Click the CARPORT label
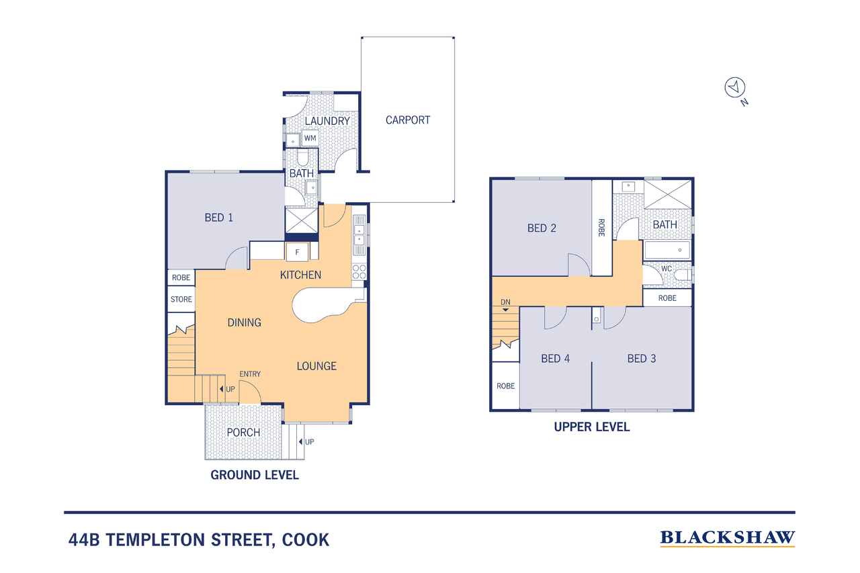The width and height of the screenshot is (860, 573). pos(407,120)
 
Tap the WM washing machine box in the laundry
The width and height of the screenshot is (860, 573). pos(310,138)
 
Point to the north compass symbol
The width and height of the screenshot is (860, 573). pos(734,87)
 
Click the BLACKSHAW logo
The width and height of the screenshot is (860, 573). pos(727,537)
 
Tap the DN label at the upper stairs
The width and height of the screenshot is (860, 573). pos(505,302)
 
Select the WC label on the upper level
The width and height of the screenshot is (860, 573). pos(666,269)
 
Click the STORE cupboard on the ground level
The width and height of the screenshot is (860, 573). pos(181,300)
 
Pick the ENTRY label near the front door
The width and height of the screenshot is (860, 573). pos(250,374)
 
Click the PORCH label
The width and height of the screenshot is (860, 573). pos(243,432)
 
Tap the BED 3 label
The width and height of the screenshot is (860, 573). pos(641,359)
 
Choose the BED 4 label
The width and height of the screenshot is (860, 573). pos(555,359)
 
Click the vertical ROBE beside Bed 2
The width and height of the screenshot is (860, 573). pos(601,228)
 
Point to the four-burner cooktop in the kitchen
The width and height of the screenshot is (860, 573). pos(359,272)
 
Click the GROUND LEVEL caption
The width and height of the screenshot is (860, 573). pos(255,475)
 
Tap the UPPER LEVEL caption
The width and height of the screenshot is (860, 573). pos(591,427)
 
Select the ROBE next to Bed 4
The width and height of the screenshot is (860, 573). pos(505,386)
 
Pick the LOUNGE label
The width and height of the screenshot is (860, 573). pos(316,366)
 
